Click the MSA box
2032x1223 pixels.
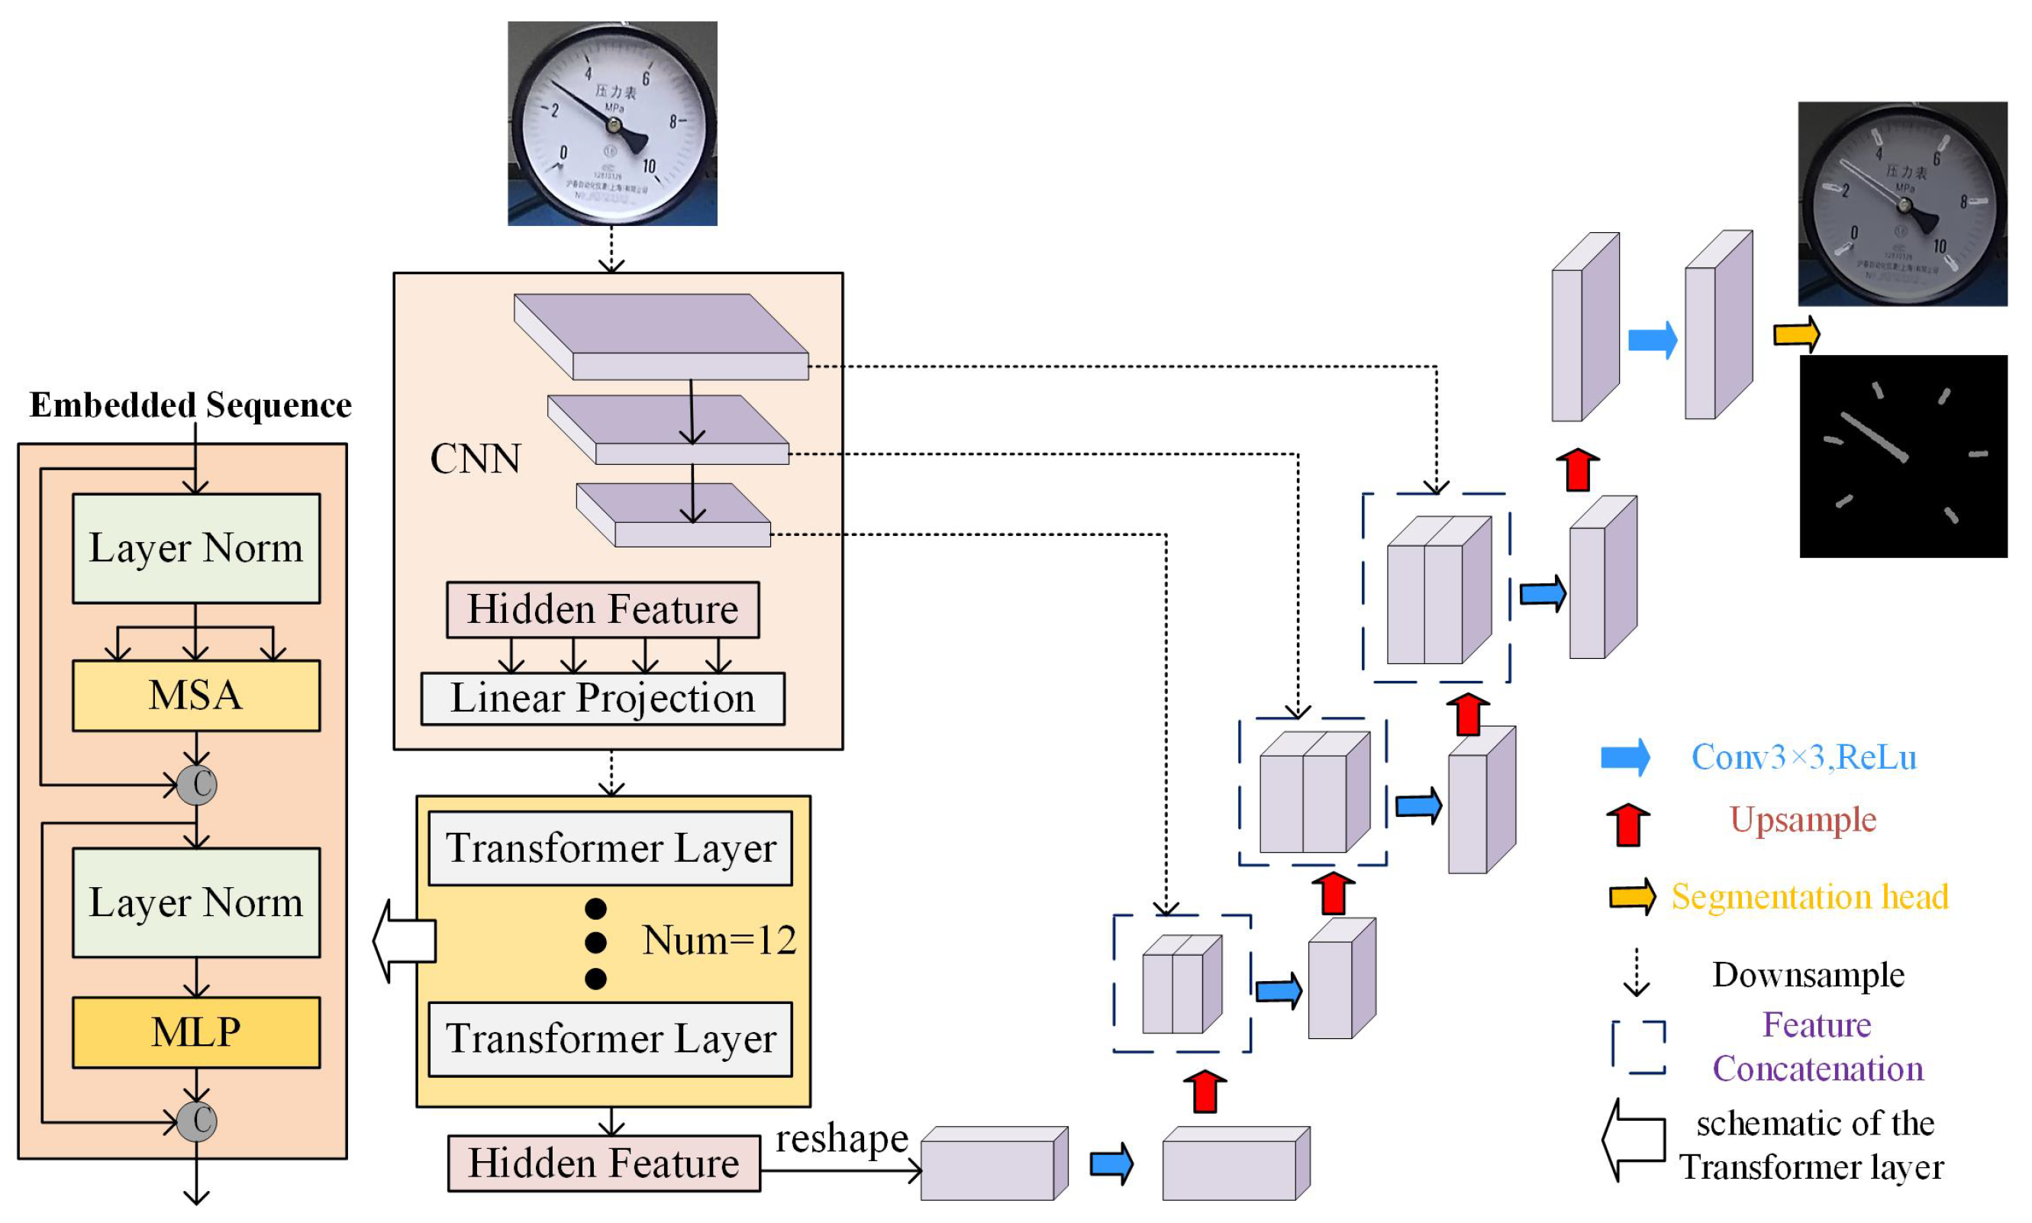coord(195,695)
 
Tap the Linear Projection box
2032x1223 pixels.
coord(602,698)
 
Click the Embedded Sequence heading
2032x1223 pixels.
coord(190,405)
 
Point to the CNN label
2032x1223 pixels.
coord(476,458)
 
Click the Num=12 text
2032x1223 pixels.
coord(718,940)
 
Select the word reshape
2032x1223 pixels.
coord(841,1138)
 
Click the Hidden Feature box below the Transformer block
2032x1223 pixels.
coord(603,1162)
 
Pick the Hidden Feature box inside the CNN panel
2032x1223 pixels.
coord(602,609)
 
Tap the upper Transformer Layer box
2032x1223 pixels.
coord(610,847)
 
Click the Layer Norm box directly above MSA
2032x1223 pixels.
coord(195,548)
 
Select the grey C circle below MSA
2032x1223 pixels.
coord(197,784)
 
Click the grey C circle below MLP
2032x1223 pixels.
coord(197,1120)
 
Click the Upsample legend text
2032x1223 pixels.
coord(1802,819)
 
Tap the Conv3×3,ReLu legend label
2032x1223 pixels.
coord(1803,757)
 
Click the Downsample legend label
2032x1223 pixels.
coord(1808,974)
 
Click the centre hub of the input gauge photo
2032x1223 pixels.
coord(613,125)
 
